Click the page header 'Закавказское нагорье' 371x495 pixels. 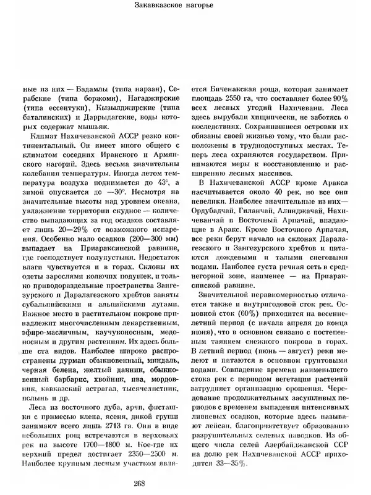(x=185, y=7)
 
